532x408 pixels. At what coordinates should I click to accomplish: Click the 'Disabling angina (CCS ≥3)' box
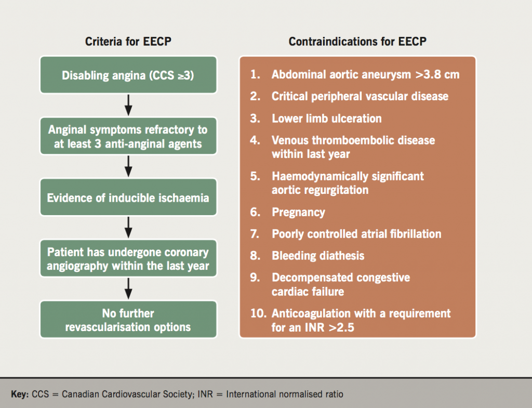coord(128,75)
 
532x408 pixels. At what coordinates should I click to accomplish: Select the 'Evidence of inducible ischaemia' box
coord(128,198)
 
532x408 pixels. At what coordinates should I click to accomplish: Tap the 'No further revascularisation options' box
coord(128,320)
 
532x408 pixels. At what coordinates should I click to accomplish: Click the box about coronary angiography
coord(128,259)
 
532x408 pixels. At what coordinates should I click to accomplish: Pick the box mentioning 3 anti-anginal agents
coord(128,137)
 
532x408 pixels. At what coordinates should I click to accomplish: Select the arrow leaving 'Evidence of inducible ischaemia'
coord(128,228)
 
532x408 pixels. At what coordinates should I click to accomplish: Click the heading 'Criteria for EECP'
coord(128,42)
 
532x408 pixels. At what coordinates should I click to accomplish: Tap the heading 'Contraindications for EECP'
coord(357,42)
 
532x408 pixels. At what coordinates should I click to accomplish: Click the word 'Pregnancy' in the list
coord(298,212)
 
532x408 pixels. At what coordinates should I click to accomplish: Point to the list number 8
coord(255,256)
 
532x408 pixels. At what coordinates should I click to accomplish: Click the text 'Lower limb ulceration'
coord(326,119)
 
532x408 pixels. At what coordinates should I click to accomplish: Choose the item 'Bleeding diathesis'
coord(318,256)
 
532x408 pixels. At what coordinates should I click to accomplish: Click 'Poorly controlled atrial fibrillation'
coord(356,234)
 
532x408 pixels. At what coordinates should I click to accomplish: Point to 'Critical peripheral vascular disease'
coord(360,97)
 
